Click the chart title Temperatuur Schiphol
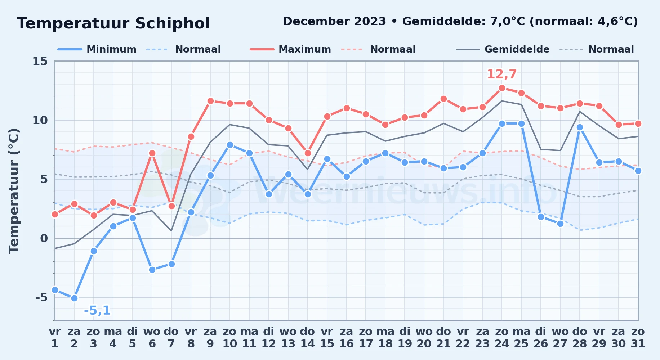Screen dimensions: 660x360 113,23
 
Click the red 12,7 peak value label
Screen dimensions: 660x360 502,74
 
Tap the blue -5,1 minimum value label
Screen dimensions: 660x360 97,310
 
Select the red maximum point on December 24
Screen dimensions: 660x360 502,88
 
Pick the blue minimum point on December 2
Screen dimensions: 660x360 74,298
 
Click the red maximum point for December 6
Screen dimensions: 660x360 152,153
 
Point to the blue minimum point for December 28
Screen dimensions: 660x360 580,127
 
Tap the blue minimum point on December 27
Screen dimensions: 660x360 560,224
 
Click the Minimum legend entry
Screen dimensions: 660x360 97,49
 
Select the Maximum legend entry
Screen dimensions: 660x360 290,49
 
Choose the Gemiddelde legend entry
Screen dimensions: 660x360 503,49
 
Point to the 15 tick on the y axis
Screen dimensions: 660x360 40,61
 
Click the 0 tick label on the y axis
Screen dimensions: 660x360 44,238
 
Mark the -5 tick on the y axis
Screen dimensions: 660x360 41,297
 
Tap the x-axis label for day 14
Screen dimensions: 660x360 308,337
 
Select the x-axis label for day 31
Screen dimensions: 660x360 638,337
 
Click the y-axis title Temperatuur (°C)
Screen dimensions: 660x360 14,191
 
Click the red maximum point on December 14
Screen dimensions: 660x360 308,153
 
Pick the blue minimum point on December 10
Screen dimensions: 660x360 230,145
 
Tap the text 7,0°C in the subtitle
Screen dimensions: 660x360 508,22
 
